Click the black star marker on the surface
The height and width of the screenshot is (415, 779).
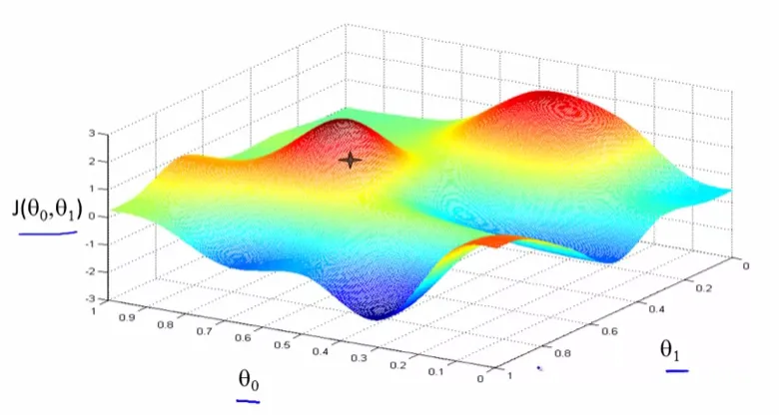351,160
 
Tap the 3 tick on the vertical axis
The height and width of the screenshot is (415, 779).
90,133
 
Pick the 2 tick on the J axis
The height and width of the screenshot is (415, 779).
90,161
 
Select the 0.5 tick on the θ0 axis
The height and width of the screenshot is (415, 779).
285,345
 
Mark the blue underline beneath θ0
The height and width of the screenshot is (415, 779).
249,401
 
